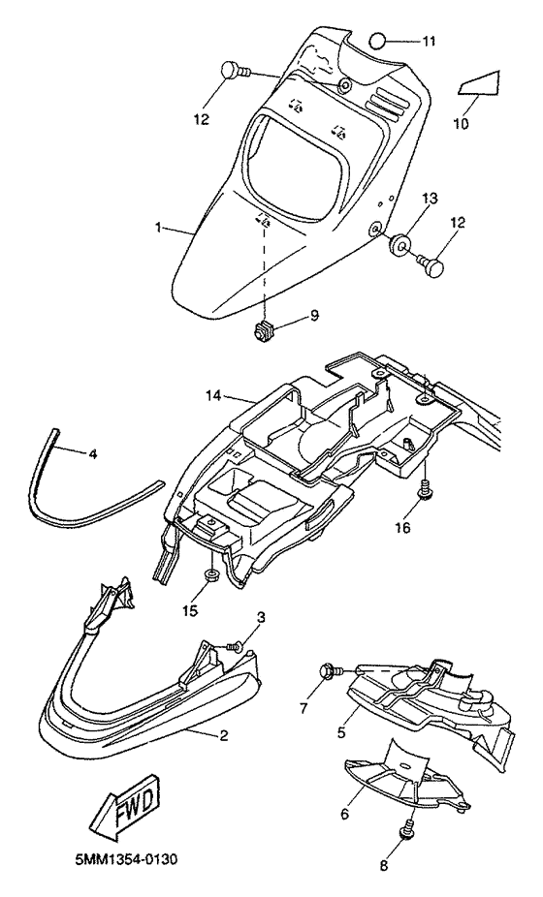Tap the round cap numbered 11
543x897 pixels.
pyautogui.click(x=378, y=42)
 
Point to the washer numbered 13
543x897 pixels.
pyautogui.click(x=399, y=244)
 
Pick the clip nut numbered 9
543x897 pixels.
pyautogui.click(x=264, y=332)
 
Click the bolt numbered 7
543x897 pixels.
pyautogui.click(x=331, y=669)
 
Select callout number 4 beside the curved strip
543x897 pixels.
pyautogui.click(x=93, y=454)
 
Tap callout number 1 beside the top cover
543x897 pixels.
pyautogui.click(x=157, y=228)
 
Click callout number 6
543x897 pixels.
pyautogui.click(x=344, y=814)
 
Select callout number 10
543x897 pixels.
pyautogui.click(x=462, y=122)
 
